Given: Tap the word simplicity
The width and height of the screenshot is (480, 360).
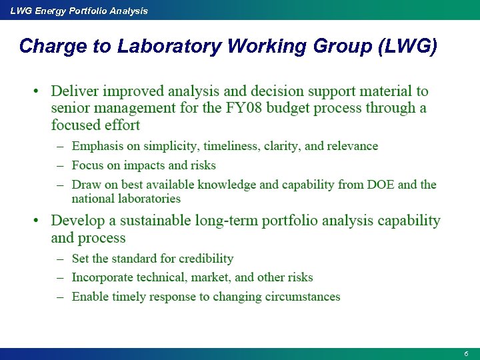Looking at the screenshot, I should coord(170,146).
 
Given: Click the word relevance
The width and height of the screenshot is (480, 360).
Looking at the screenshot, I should coord(353,146).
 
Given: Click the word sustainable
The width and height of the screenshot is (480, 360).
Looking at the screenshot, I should coord(147,221).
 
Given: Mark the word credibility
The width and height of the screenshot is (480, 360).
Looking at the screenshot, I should coord(201,259).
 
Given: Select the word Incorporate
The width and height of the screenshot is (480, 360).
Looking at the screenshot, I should coord(103,277).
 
